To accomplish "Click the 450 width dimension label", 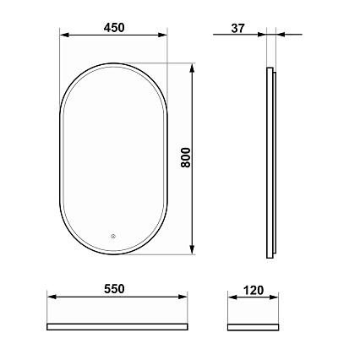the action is click(x=114, y=28).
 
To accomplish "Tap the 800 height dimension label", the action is click(x=186, y=157).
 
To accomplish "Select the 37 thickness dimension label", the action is click(x=238, y=28).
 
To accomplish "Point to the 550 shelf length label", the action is click(x=114, y=289).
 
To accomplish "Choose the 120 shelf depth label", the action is click(x=254, y=290).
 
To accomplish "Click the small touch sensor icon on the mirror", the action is click(x=113, y=236).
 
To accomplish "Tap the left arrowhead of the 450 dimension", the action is click(x=64, y=35).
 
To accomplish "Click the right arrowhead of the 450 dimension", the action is click(x=162, y=35).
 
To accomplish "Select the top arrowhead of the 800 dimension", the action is click(x=192, y=68).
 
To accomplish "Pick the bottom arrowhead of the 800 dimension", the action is click(x=192, y=249).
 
